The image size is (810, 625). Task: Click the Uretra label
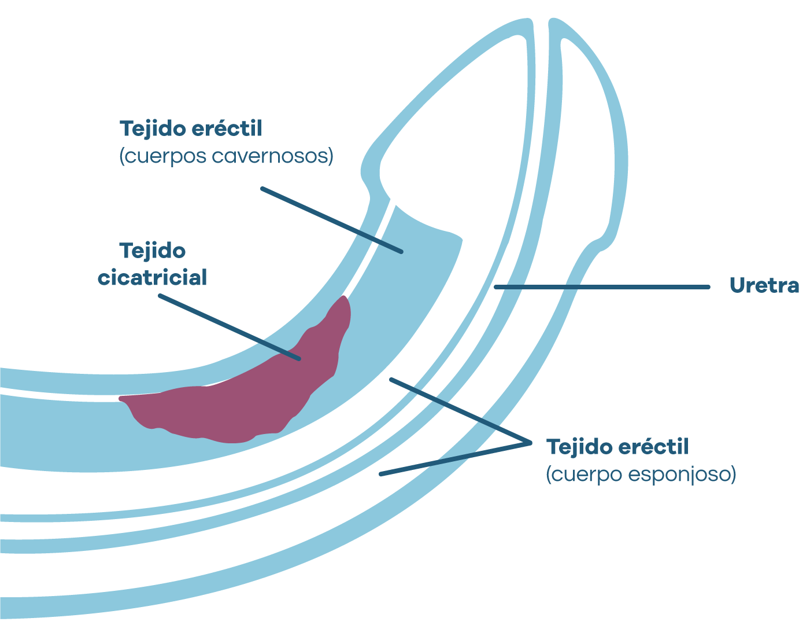[764, 285]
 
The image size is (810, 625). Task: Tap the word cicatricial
[152, 278]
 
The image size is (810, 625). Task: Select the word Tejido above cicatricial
[153, 251]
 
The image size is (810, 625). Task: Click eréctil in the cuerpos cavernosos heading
[227, 128]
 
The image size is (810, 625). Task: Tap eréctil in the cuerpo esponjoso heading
[653, 447]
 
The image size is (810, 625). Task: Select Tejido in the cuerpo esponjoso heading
[579, 447]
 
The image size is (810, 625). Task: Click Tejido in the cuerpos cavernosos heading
[153, 128]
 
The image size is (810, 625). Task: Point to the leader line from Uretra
[601, 287]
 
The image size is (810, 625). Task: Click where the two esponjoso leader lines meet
[530, 443]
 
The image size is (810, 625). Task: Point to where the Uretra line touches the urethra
[495, 287]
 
